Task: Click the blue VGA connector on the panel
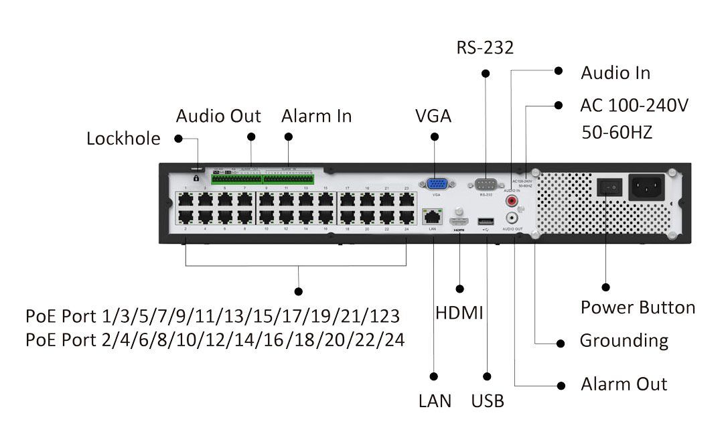point(436,185)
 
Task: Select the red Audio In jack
point(512,200)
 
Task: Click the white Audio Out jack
point(512,218)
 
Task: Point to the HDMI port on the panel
point(459,220)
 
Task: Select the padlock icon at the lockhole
point(196,179)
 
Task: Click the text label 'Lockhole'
point(124,139)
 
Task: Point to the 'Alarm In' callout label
point(316,116)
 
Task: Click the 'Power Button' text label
point(638,307)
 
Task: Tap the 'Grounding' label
point(624,340)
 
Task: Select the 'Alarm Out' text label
point(624,384)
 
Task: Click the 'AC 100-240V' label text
point(634,106)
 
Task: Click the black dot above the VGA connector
point(435,137)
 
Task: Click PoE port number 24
point(406,217)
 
